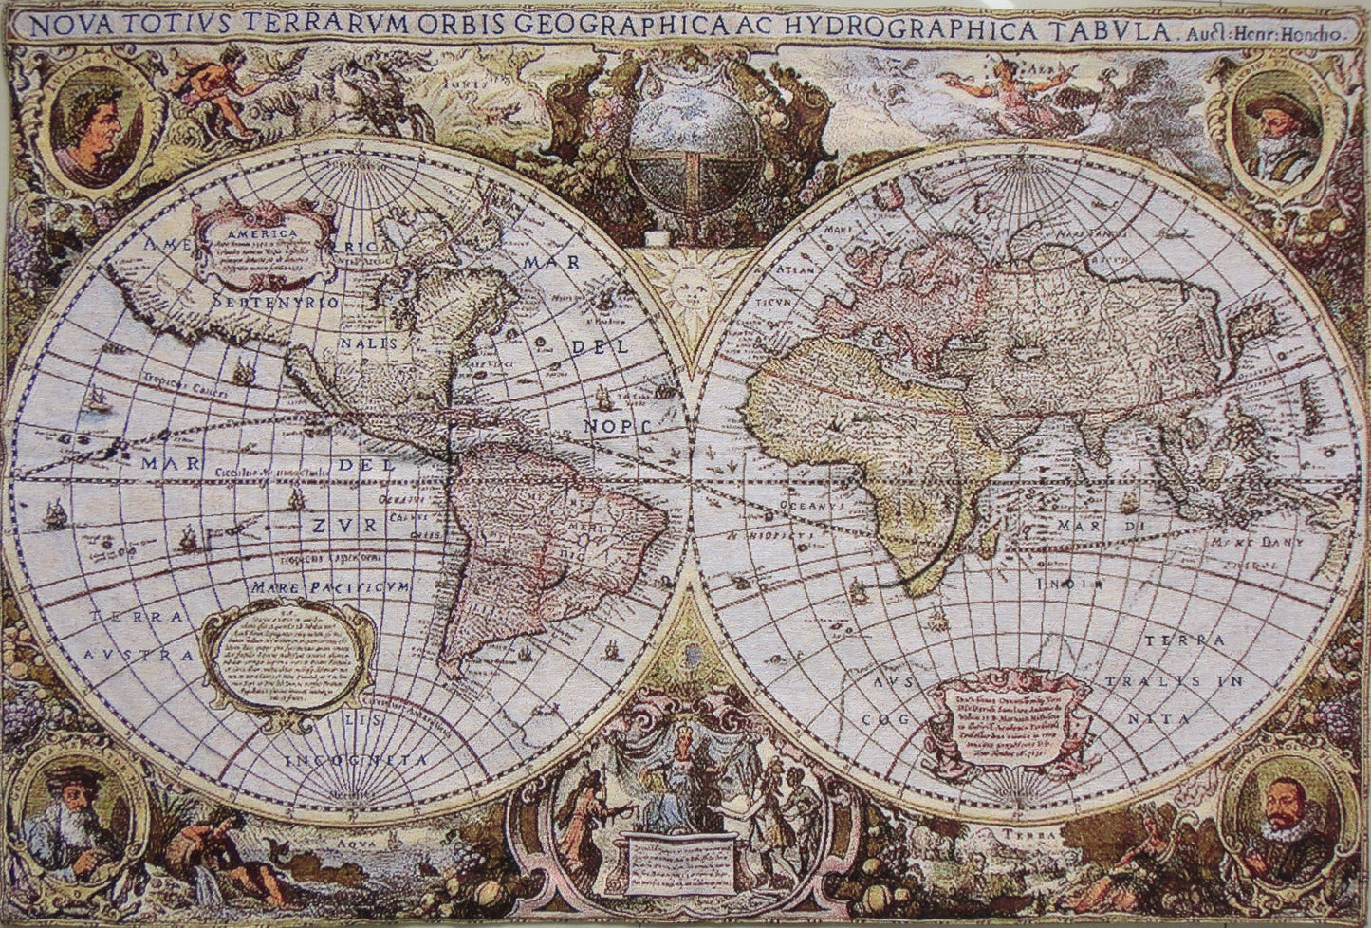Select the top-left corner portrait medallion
[92, 123]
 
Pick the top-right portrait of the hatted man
[1282, 126]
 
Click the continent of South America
[531, 531]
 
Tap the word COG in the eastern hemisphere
[880, 720]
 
